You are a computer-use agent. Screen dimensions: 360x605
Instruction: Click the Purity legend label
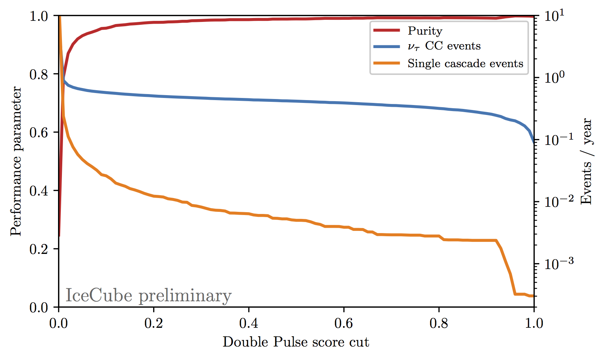click(x=425, y=31)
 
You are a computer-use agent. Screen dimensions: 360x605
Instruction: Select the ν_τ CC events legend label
click(x=444, y=46)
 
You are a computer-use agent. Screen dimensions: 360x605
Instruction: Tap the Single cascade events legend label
click(x=465, y=64)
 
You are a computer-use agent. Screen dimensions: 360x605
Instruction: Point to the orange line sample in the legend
click(x=387, y=63)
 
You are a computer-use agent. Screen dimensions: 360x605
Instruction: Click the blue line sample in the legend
click(x=387, y=46)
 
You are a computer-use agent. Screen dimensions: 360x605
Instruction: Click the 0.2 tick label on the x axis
click(x=154, y=323)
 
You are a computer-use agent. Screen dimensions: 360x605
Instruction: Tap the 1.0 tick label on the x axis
click(x=534, y=323)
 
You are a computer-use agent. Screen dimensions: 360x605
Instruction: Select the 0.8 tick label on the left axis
click(x=39, y=74)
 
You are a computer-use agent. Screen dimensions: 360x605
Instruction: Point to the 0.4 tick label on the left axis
click(x=39, y=191)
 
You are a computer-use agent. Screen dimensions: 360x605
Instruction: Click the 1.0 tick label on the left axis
click(x=39, y=16)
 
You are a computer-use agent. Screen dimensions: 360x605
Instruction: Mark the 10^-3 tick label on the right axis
click(x=559, y=263)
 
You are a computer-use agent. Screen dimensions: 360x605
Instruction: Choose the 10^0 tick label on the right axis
click(x=555, y=77)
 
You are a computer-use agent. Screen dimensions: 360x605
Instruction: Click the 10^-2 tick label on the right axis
click(x=559, y=201)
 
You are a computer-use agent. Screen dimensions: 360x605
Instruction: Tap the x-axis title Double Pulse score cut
click(x=296, y=342)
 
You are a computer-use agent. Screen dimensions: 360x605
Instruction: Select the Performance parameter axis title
click(x=16, y=161)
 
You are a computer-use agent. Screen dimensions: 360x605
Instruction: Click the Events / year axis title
click(x=586, y=161)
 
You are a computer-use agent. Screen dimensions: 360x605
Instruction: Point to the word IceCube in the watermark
click(x=99, y=296)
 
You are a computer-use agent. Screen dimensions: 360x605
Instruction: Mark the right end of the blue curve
click(x=534, y=142)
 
